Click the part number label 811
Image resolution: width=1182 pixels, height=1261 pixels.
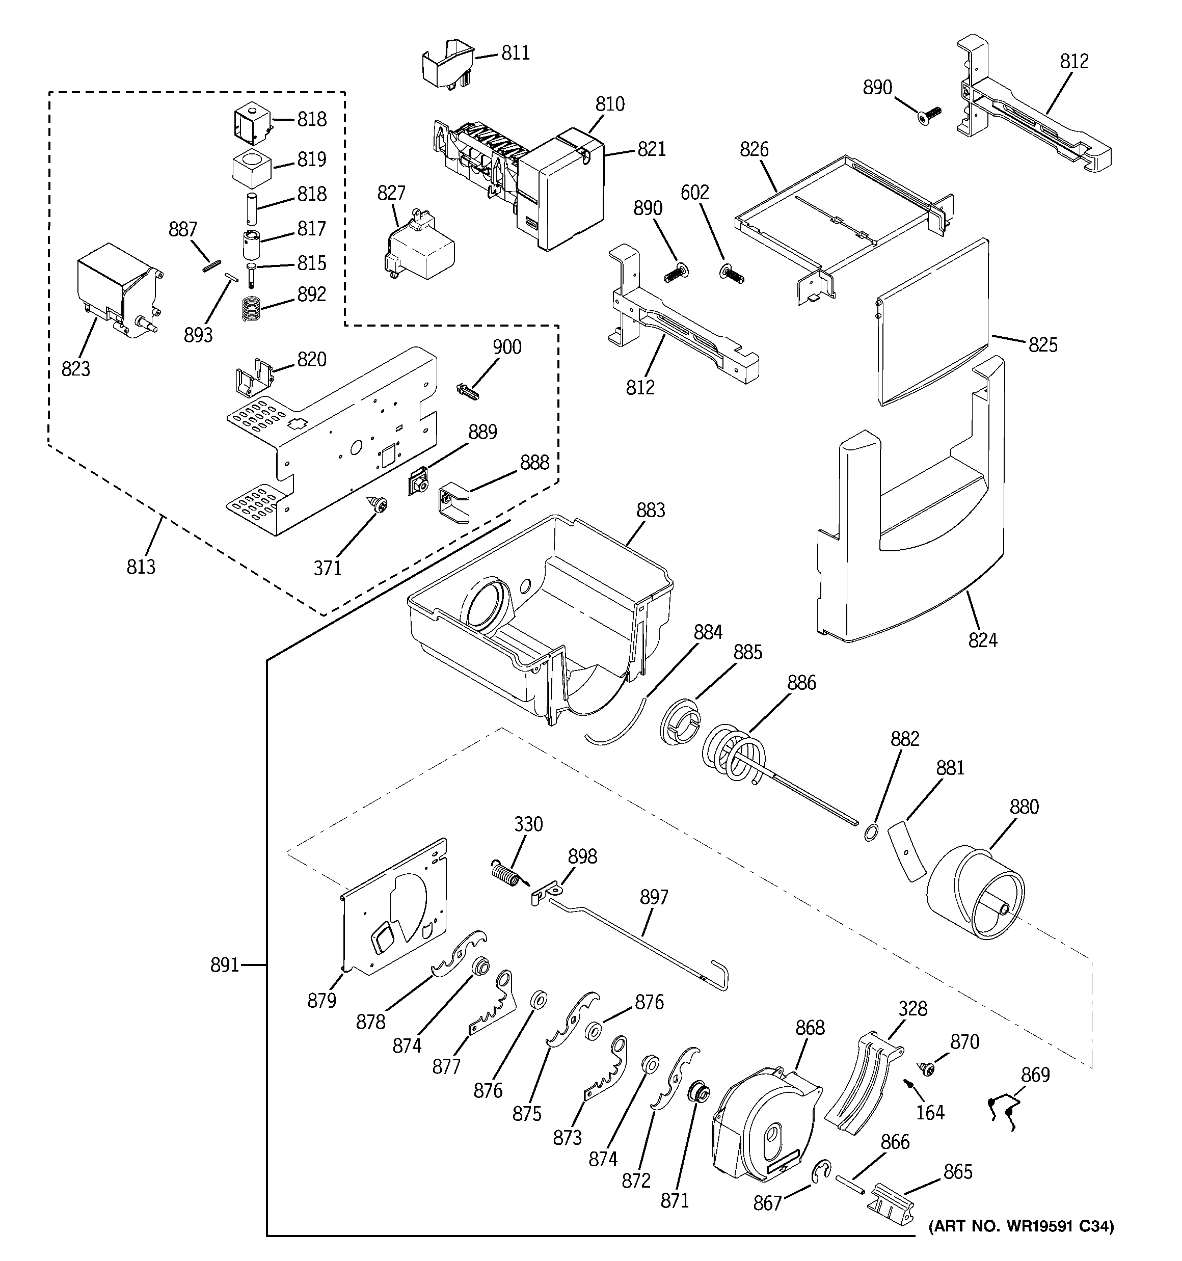515,53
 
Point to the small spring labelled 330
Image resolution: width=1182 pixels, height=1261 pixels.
507,873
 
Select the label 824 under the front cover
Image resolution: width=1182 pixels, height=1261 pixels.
982,640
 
